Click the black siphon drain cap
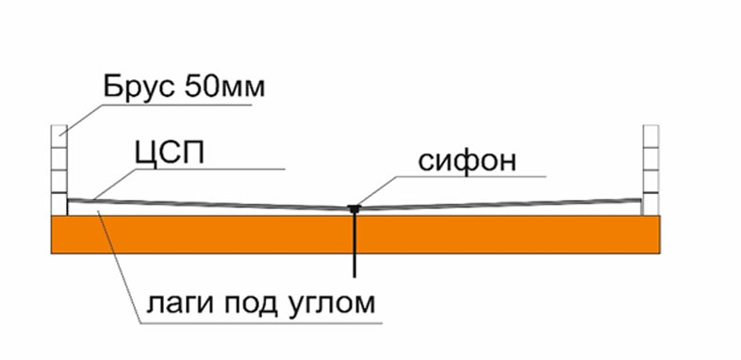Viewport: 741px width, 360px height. coord(354,208)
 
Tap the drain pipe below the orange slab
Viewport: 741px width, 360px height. coord(354,264)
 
